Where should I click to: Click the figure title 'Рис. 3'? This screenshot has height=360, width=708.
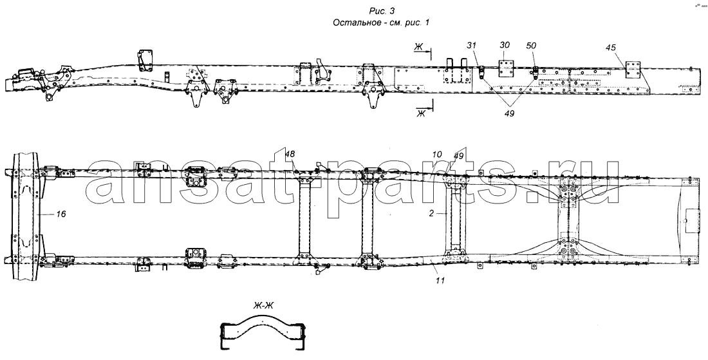381,10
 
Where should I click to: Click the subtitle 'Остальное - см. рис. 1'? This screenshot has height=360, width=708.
381,23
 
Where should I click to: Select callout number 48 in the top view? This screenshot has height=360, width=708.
290,154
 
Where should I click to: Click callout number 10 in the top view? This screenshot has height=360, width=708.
437,155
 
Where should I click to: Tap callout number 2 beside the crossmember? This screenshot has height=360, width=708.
434,211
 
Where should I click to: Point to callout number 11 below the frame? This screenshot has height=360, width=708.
439,281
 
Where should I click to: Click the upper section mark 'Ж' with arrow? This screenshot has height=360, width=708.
419,46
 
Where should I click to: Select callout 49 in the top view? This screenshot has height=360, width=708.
459,155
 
